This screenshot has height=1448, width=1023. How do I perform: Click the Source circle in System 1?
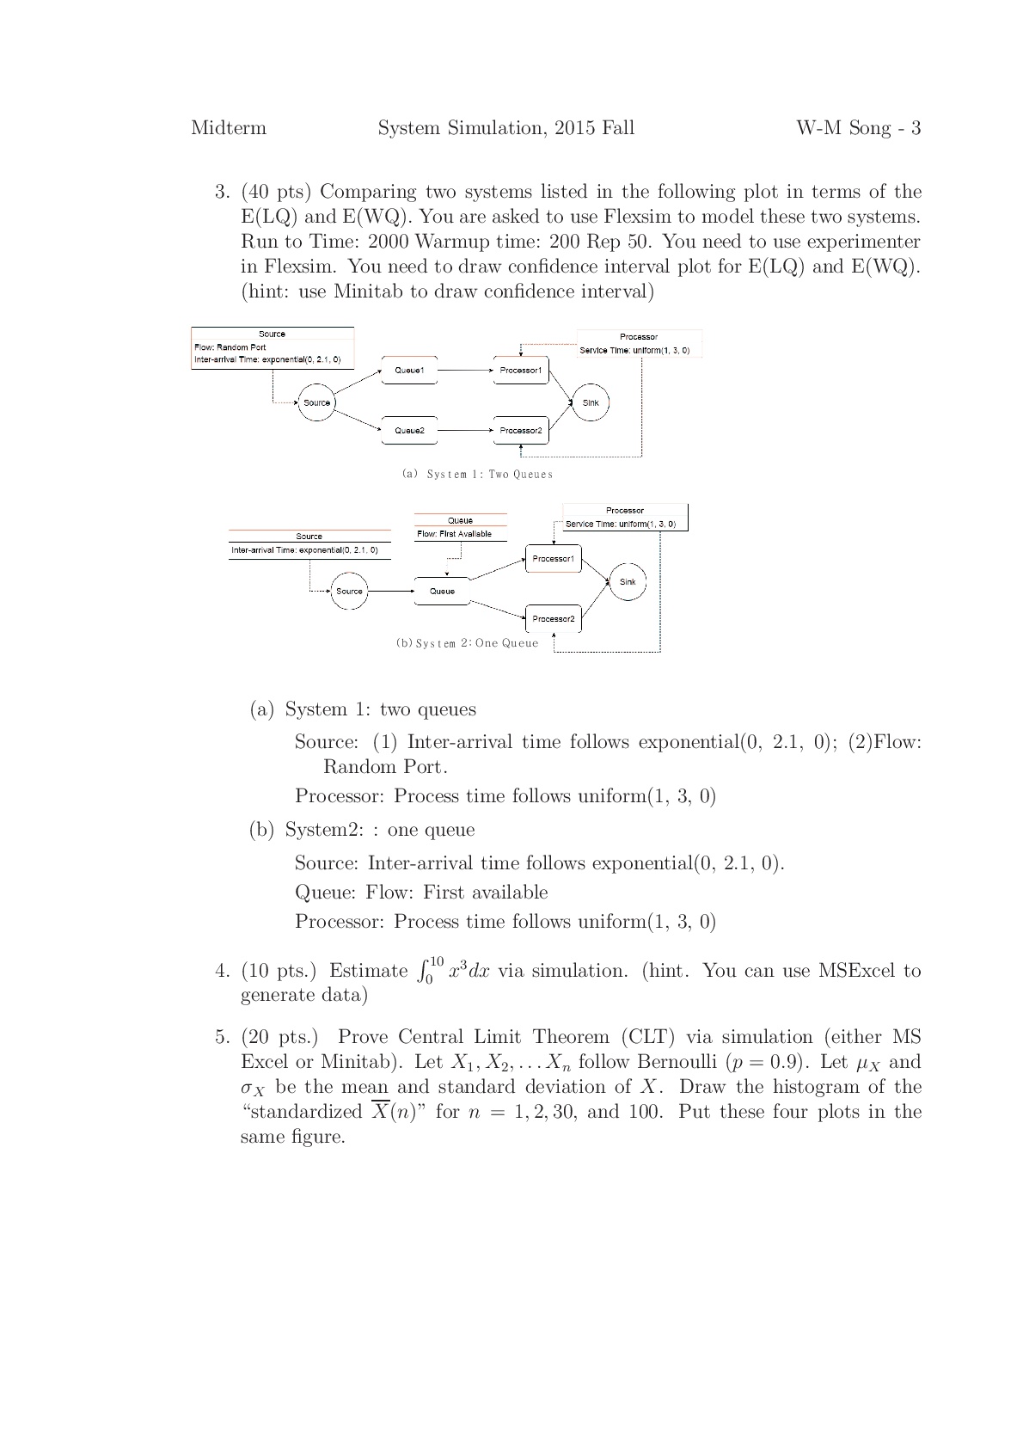[316, 402]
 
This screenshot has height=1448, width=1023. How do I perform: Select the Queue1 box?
[409, 370]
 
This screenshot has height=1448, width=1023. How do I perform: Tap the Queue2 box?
[409, 430]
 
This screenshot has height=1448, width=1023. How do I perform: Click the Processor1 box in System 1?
[521, 370]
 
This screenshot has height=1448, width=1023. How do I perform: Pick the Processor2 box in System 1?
[521, 430]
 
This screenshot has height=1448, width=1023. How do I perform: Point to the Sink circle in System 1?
[591, 402]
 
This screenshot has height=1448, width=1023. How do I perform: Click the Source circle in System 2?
[349, 591]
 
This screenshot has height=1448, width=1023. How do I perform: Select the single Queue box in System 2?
[442, 591]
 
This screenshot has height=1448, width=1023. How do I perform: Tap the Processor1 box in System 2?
[553, 559]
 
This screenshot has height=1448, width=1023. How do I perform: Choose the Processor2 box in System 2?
[553, 618]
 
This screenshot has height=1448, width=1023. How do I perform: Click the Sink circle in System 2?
[628, 582]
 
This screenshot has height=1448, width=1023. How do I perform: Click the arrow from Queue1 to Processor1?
[465, 370]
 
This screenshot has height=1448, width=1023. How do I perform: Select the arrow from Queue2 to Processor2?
[465, 430]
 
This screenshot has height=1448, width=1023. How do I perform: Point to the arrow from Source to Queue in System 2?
[391, 591]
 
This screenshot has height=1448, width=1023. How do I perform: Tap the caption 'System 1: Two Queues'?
[477, 474]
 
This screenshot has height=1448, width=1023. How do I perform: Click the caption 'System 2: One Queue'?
[468, 643]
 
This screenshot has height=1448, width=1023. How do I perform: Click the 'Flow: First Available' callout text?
[455, 534]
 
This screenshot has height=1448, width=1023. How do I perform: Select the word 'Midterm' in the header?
[229, 128]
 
